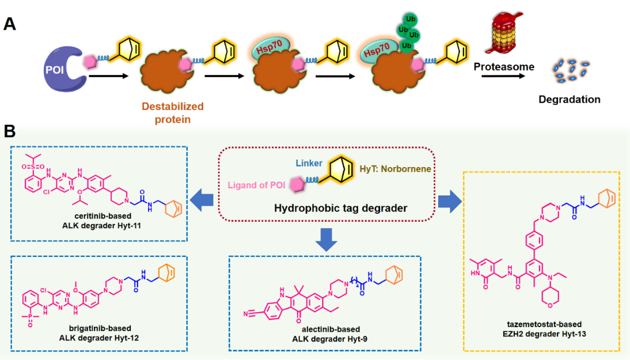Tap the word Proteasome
504,67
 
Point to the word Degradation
569,99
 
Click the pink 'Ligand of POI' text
256,185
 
